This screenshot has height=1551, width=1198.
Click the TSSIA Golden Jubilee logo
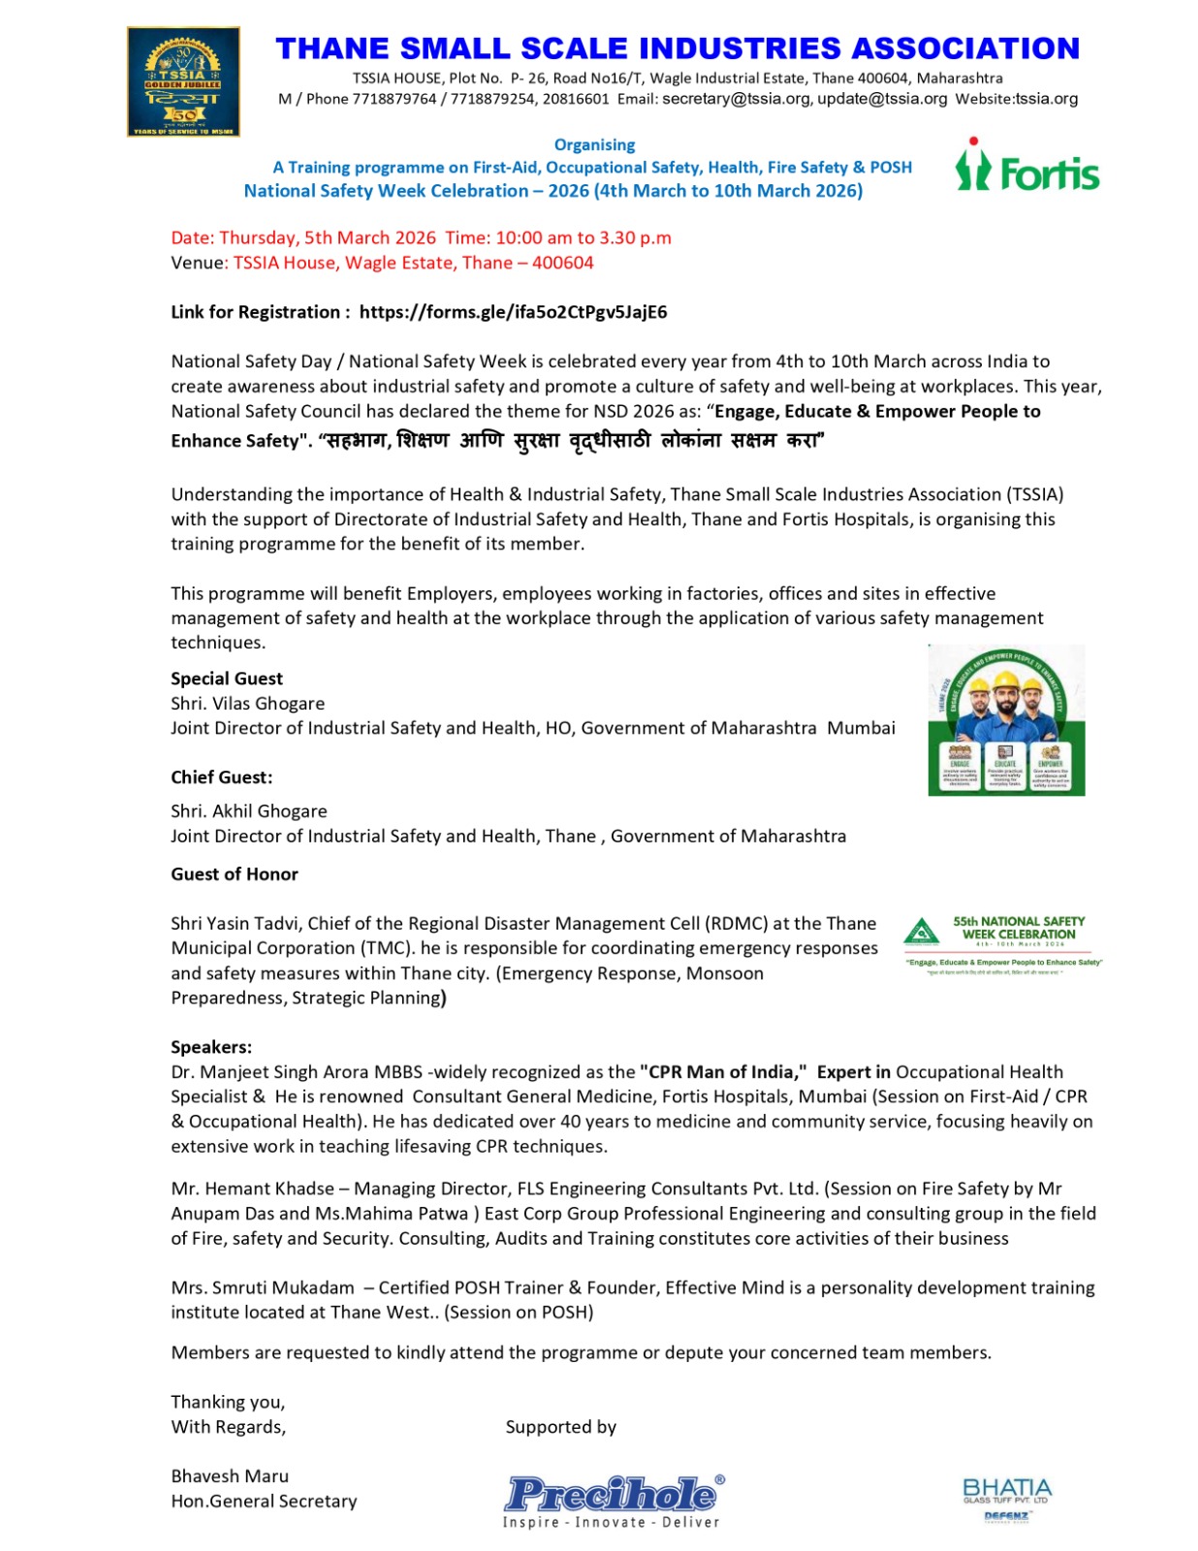click(183, 81)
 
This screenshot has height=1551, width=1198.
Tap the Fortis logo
click(1026, 167)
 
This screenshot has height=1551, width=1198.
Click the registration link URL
click(513, 312)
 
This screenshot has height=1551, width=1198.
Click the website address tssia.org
click(1046, 99)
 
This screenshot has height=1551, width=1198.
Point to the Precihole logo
click(613, 1499)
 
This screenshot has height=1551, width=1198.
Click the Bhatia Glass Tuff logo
click(1007, 1498)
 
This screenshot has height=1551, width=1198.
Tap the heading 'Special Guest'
click(227, 679)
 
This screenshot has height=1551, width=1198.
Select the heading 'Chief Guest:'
click(222, 777)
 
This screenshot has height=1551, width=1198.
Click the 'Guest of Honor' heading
click(235, 874)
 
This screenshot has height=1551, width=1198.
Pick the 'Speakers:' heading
click(211, 1047)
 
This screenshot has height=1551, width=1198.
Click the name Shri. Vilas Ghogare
click(248, 704)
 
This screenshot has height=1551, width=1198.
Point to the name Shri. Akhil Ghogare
click(249, 811)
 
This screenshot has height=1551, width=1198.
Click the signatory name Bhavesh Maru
click(230, 1476)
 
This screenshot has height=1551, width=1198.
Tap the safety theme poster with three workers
click(1006, 719)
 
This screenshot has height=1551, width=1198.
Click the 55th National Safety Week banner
click(1003, 942)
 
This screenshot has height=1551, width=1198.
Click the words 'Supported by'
click(560, 1427)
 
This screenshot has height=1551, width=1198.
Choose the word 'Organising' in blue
click(594, 145)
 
